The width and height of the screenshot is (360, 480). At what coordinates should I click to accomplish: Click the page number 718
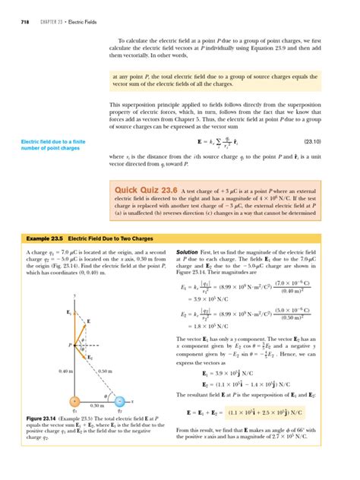pyautogui.click(x=16, y=10)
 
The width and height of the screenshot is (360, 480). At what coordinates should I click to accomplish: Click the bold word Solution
pyautogui.click(x=188, y=251)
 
